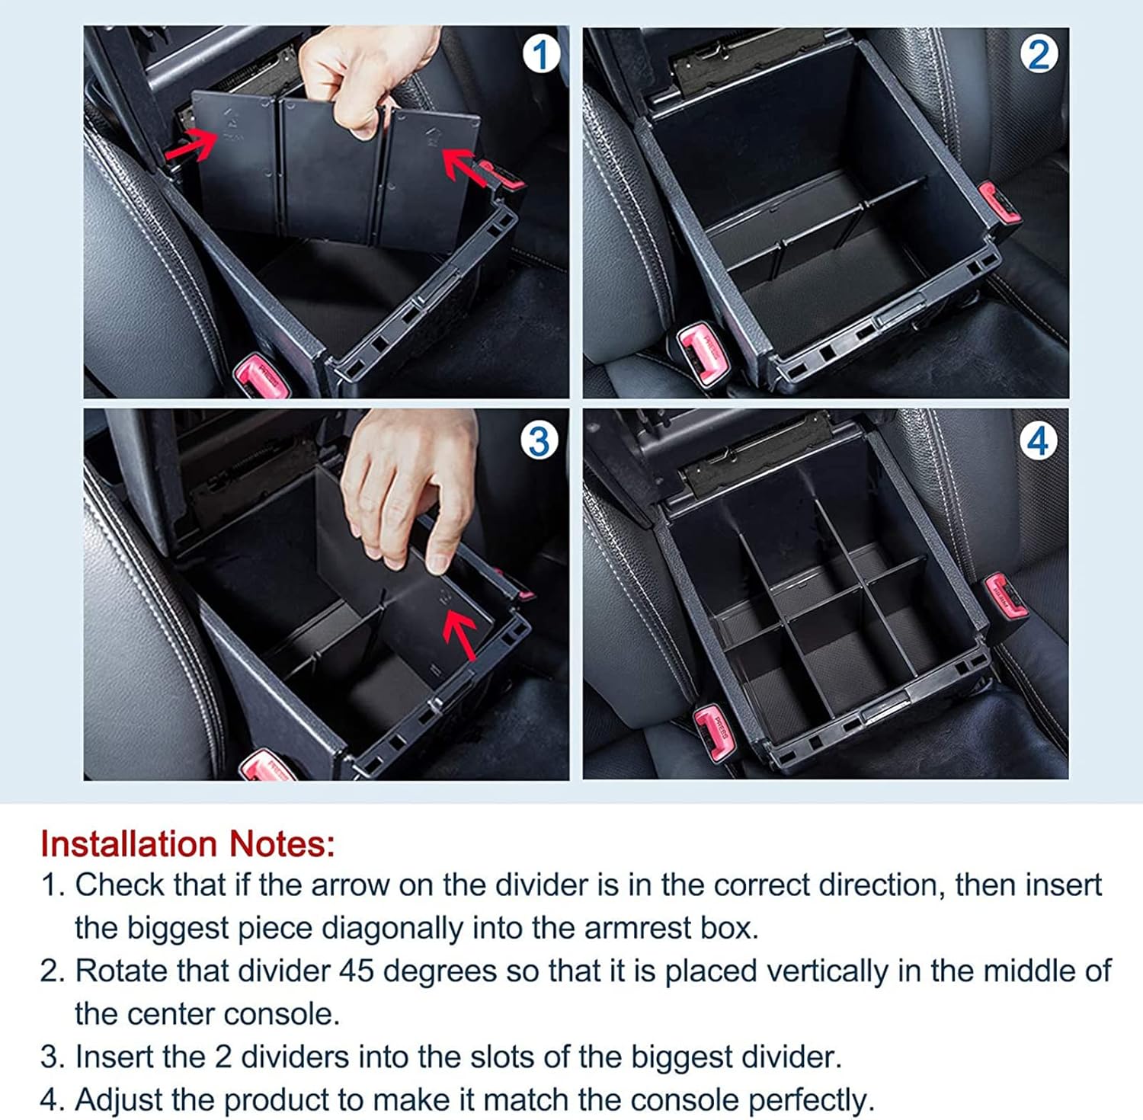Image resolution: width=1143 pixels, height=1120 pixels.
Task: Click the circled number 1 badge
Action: coord(540,55)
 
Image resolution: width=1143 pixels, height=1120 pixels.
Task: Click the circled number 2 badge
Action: coord(1039,55)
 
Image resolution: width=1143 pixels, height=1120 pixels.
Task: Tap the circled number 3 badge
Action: coord(539,441)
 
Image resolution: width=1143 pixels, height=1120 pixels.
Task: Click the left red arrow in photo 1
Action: coord(190,144)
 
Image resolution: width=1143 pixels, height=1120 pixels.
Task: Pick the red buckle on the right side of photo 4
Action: coord(1004,595)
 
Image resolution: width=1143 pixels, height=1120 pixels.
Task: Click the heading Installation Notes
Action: coord(187,844)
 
